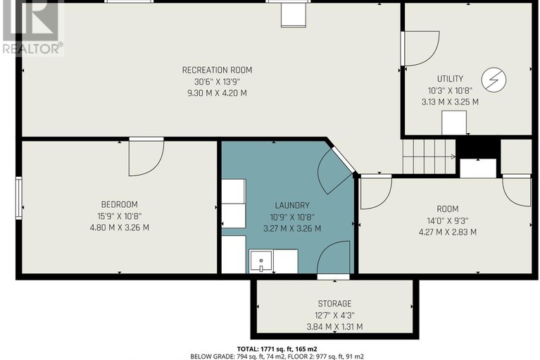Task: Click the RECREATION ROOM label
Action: pos(217,70)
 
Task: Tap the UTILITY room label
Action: pos(449,78)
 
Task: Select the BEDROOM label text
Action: pos(118,204)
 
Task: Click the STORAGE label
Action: pos(334,304)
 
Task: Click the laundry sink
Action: pos(261,261)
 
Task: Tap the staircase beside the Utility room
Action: pos(428,155)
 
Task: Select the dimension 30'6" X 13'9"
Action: pos(217,81)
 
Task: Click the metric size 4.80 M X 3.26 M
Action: pos(118,228)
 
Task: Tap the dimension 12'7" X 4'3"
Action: pos(334,315)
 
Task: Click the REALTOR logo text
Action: pos(32,49)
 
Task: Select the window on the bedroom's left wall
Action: pos(19,198)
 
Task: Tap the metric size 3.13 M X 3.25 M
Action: pos(449,101)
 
